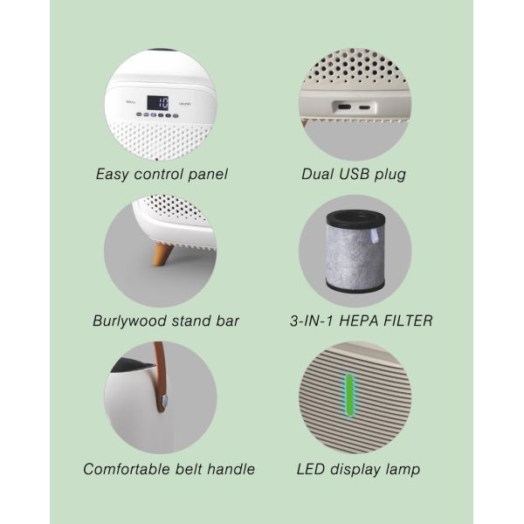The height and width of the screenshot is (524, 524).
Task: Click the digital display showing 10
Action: [158, 103]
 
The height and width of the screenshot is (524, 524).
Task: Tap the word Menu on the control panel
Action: [131, 101]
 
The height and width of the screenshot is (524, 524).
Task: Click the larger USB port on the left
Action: [345, 107]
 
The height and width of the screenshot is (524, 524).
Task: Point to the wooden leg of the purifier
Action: [162, 254]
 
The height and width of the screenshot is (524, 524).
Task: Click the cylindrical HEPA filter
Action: [355, 252]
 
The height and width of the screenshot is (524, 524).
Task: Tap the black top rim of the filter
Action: [355, 218]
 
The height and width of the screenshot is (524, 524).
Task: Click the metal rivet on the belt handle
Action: [164, 399]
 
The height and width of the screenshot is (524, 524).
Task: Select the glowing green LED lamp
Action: [349, 396]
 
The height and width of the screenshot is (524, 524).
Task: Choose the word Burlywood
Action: [129, 321]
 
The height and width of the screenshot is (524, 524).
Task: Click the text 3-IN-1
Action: [312, 321]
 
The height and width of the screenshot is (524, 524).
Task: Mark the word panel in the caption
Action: [208, 175]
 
